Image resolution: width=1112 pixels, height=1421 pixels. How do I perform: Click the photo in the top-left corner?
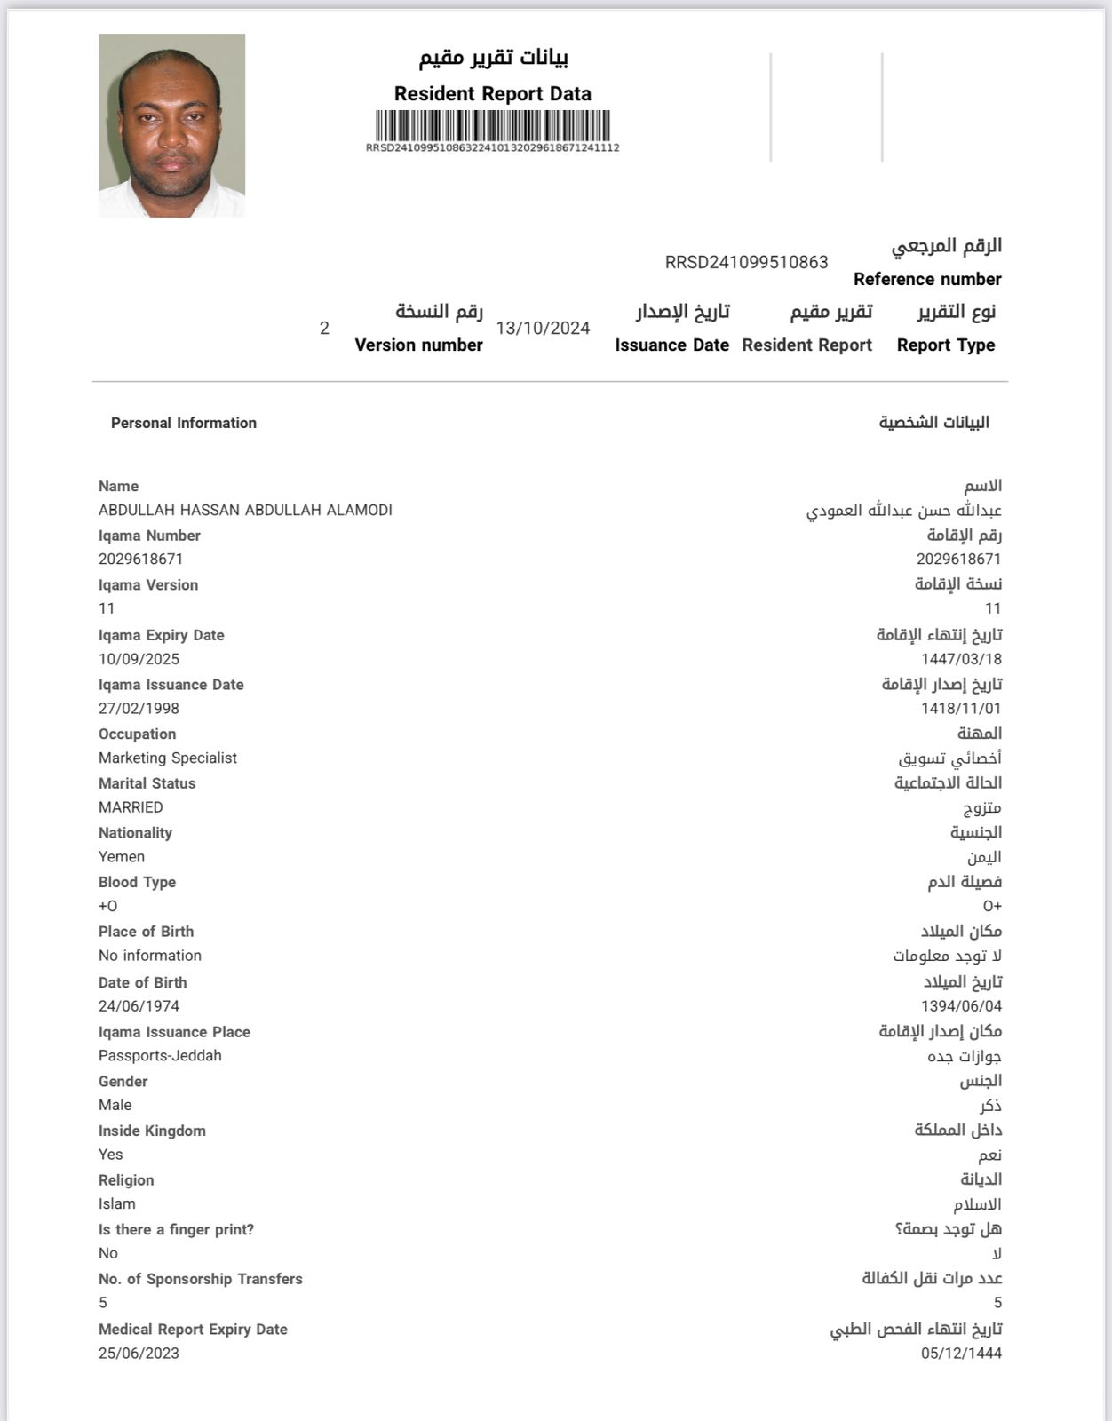[x=171, y=125]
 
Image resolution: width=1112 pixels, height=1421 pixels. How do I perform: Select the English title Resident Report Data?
[x=493, y=93]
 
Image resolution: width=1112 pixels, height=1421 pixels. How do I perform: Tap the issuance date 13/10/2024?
[x=543, y=329]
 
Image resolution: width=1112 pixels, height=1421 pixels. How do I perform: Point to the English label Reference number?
[x=927, y=280]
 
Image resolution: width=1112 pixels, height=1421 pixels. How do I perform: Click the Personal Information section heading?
[x=184, y=424]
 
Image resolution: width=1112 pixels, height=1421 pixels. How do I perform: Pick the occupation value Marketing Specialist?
[x=168, y=758]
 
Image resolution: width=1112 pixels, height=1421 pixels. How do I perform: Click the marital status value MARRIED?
[x=131, y=807]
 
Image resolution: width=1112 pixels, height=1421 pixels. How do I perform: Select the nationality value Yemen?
[x=122, y=857]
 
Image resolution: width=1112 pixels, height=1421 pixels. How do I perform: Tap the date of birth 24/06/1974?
[x=139, y=1006]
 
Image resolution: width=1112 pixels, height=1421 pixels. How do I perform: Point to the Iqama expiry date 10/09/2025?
[x=139, y=659]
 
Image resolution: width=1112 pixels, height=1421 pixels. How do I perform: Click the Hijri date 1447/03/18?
[x=961, y=659]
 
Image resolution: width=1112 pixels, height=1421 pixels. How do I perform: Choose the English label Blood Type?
[x=137, y=882]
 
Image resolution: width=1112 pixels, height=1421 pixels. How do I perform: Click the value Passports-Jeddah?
[x=160, y=1056]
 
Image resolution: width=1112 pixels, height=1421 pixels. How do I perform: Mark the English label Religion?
[x=126, y=1180]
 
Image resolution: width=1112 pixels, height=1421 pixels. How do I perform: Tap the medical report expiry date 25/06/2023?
[x=139, y=1354]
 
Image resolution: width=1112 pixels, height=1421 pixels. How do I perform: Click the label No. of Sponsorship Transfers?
[x=201, y=1279]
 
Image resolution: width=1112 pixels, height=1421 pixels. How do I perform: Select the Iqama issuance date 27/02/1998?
[x=139, y=709]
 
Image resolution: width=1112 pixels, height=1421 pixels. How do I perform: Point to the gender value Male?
[x=115, y=1105]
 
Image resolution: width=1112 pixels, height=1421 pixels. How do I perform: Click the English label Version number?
[x=418, y=345]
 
